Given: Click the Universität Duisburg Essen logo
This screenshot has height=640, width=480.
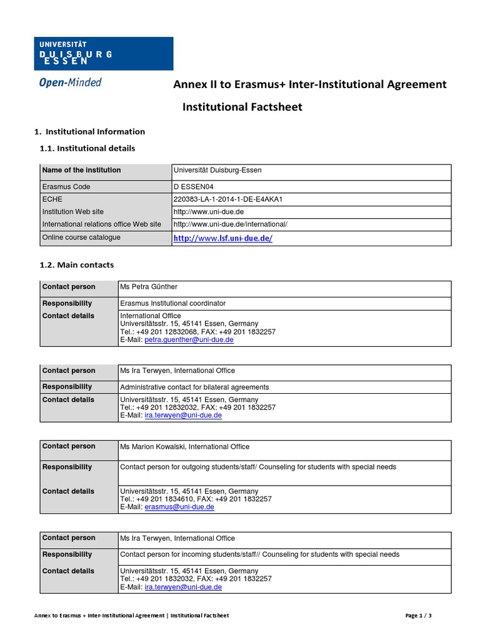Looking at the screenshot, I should point(103,53).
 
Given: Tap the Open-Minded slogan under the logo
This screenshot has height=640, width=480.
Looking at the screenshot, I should point(70,82).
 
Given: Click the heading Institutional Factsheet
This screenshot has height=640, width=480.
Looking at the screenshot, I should point(242,107).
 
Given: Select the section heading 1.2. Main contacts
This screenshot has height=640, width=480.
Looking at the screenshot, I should point(77,265).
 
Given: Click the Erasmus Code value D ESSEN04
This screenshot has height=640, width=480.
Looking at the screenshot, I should point(197,187).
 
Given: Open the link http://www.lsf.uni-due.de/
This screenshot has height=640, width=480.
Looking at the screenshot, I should point(222,239).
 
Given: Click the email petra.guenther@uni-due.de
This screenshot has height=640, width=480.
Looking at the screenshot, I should point(189,340).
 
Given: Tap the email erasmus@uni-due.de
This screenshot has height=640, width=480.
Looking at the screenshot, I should point(179,507).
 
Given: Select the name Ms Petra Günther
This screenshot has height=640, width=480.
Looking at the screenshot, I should point(149,287).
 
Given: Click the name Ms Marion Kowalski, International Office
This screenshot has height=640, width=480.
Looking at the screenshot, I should point(184,447).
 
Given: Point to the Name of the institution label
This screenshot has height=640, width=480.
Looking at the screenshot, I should point(81,170).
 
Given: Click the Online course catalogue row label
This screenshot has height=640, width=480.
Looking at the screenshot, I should point(81,237).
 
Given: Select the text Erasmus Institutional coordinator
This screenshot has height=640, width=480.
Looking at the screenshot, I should point(173,303).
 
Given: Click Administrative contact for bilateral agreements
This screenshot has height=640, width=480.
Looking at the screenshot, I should point(194,387).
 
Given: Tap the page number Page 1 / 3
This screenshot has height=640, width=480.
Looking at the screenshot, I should point(418,616).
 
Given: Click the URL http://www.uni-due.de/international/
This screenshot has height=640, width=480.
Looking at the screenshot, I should point(230,224).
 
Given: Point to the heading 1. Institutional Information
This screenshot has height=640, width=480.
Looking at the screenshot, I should point(89,131).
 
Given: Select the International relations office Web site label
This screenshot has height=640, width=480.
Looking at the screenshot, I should point(101,224).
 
